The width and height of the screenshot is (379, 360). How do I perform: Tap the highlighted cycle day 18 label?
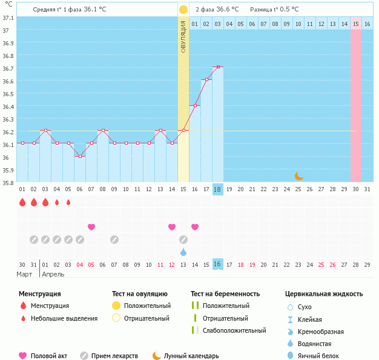coord(218,189)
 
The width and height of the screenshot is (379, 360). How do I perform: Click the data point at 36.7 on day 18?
coord(218,67)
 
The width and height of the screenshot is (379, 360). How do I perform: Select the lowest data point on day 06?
coord(80,156)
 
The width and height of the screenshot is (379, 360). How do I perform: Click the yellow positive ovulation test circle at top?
coord(183,10)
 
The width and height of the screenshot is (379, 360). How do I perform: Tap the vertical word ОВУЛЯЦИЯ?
coord(183,36)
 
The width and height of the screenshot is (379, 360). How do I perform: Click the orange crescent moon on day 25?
coord(299,176)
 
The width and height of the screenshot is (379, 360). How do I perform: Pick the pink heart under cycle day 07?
coord(91,227)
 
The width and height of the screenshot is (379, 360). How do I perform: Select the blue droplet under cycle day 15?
coord(183,251)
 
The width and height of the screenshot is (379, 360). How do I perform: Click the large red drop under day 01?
coord(22,203)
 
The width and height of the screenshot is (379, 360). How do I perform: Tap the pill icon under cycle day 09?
coord(114,239)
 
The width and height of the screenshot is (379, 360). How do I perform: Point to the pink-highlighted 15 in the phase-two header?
coord(356,24)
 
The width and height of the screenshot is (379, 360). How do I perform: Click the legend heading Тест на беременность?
coord(225,293)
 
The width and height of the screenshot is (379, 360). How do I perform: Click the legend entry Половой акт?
coord(48,356)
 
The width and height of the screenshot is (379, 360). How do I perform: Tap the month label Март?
coord(25,274)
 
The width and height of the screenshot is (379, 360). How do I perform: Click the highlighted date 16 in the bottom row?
coord(218,264)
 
